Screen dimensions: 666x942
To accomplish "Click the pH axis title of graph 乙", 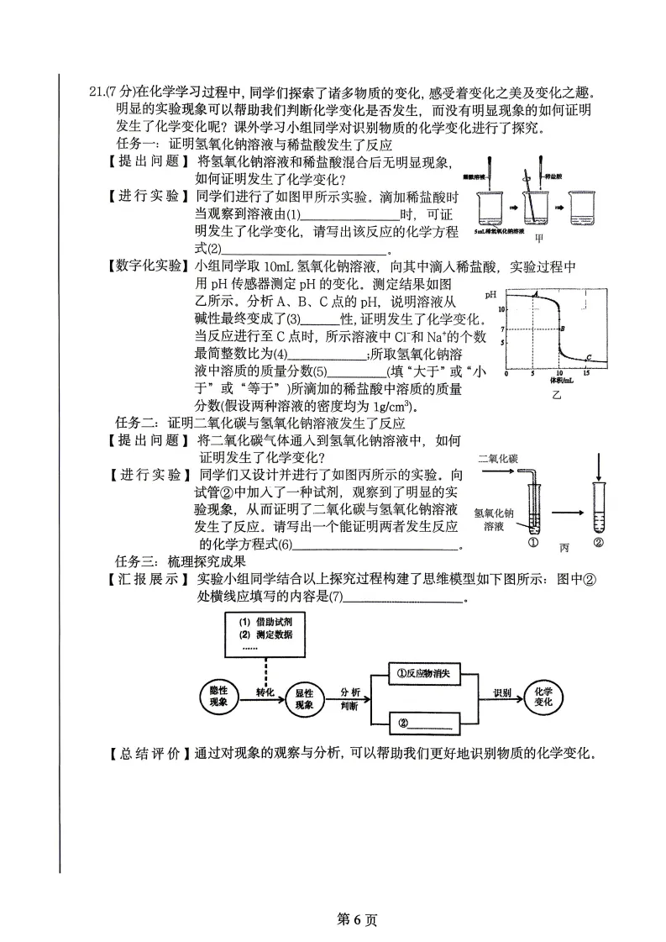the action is click(x=490, y=295).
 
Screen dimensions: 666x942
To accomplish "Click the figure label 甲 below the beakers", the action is click(x=527, y=238).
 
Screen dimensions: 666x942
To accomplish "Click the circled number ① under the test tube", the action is click(x=532, y=543).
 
